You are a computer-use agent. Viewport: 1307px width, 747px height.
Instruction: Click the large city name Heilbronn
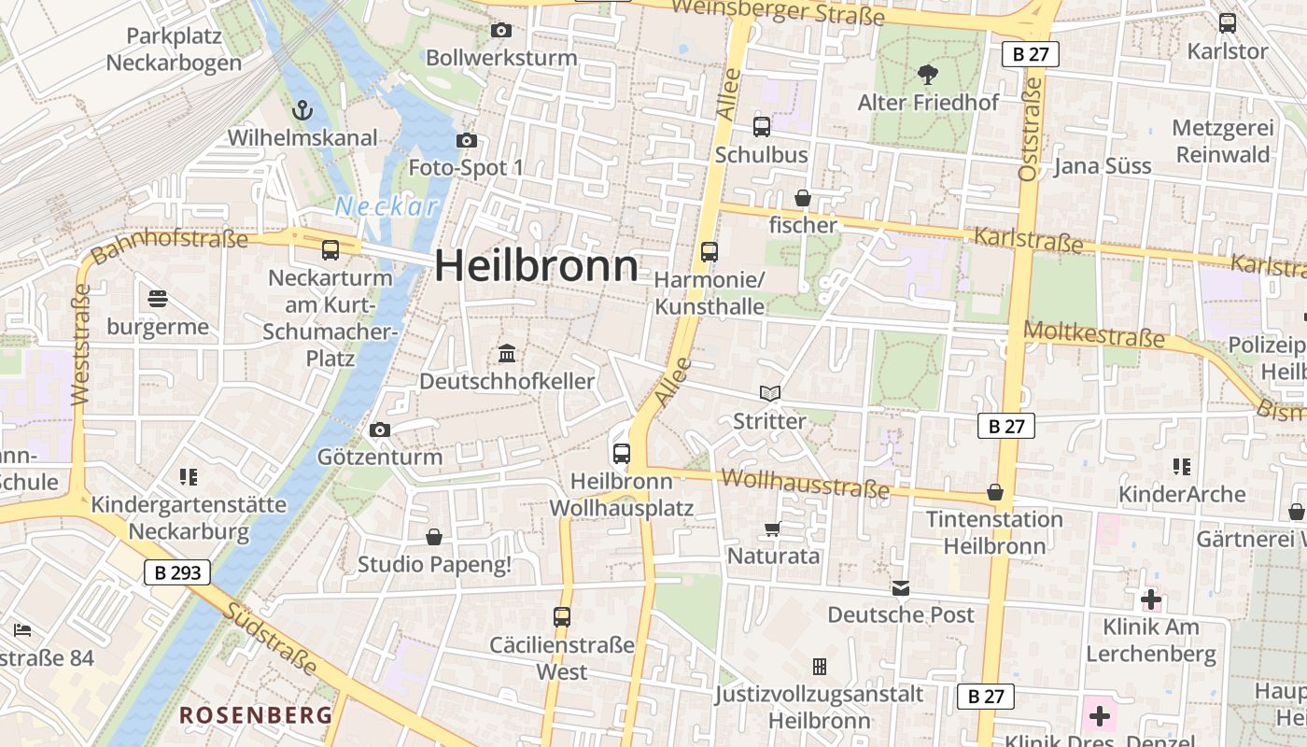[537, 266]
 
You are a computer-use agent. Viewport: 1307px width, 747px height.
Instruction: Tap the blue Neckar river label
[386, 206]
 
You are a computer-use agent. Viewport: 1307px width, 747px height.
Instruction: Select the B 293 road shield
[177, 572]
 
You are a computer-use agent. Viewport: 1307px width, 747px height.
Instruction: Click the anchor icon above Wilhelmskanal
[302, 111]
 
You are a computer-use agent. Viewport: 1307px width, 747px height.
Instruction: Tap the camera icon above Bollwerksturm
[501, 30]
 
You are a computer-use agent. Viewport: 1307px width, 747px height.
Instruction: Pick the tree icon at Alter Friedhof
[927, 74]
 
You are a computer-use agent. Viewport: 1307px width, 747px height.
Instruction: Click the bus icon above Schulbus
[762, 126]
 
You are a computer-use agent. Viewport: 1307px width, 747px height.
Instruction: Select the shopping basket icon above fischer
[803, 198]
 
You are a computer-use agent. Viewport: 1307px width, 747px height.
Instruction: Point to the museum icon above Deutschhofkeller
[507, 353]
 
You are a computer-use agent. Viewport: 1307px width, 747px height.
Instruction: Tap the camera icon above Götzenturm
[380, 430]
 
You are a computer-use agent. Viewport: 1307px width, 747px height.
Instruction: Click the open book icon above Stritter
[769, 393]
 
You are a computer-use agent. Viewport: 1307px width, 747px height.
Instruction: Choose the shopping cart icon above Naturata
[772, 529]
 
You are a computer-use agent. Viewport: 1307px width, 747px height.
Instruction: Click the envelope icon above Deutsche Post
[901, 587]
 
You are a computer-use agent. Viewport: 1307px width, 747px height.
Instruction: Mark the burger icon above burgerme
[158, 299]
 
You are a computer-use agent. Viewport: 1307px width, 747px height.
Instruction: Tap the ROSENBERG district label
[256, 715]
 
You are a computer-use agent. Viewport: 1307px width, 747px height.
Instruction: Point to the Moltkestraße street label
[1094, 334]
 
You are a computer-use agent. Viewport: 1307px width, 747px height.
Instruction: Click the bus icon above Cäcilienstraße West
[562, 616]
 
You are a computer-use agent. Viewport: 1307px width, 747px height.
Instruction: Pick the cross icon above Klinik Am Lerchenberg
[1151, 599]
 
